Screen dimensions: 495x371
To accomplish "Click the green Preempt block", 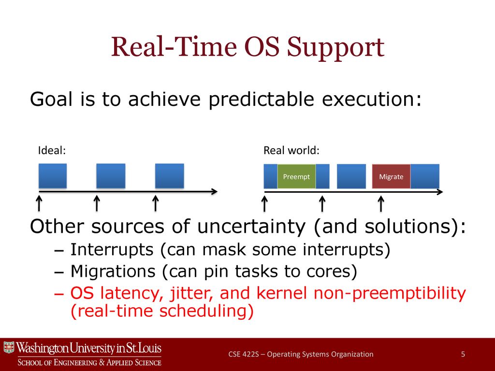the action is tap(296, 176).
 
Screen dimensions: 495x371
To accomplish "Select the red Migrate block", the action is tap(391, 176).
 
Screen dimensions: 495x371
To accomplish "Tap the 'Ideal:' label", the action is tap(52, 151).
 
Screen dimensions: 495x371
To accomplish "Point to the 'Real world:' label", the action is tap(291, 151).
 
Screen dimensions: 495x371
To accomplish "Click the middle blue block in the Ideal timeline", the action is tap(111, 176).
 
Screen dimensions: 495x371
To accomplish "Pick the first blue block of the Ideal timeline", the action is tap(53, 176).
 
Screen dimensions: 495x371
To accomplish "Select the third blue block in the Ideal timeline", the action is tap(170, 176).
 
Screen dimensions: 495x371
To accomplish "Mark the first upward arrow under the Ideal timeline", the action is tap(39, 203).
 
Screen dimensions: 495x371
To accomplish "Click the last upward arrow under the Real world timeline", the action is tap(381, 203).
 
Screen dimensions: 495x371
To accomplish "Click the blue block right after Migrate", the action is tap(425, 176).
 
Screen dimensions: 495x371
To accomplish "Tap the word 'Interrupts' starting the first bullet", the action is tap(112, 250).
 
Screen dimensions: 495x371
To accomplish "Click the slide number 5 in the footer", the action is tap(463, 354).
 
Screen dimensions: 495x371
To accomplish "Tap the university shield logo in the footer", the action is tap(9, 347).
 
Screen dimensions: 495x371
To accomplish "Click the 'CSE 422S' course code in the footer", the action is tap(244, 354).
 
